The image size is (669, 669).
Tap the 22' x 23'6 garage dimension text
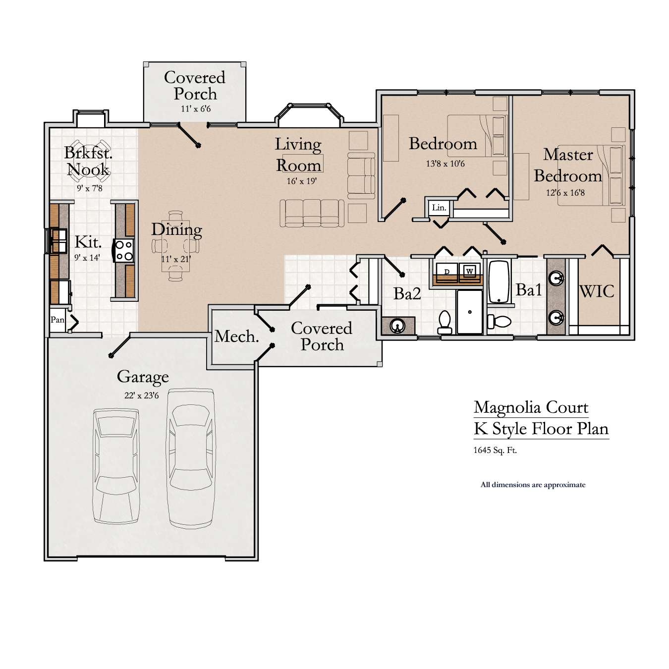[x=142, y=395]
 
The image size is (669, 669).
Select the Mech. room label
[x=236, y=337]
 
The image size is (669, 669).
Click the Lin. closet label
[x=439, y=208]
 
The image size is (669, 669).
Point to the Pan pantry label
[x=57, y=320]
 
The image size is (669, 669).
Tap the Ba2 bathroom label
[x=407, y=294]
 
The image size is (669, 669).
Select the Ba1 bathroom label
[x=529, y=290]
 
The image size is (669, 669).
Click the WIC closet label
[x=597, y=291]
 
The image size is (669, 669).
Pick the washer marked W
[x=469, y=271]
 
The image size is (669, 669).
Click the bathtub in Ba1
[x=499, y=281]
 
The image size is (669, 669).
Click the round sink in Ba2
[x=398, y=326]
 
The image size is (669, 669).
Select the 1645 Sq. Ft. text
[x=495, y=450]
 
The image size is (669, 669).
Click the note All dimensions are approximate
[x=533, y=485]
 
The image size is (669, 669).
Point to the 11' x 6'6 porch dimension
[x=195, y=109]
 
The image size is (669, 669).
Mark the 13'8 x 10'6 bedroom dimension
[x=445, y=164]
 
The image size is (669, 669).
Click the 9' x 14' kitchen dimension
[x=87, y=258]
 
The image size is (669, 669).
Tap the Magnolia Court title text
[x=531, y=407]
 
